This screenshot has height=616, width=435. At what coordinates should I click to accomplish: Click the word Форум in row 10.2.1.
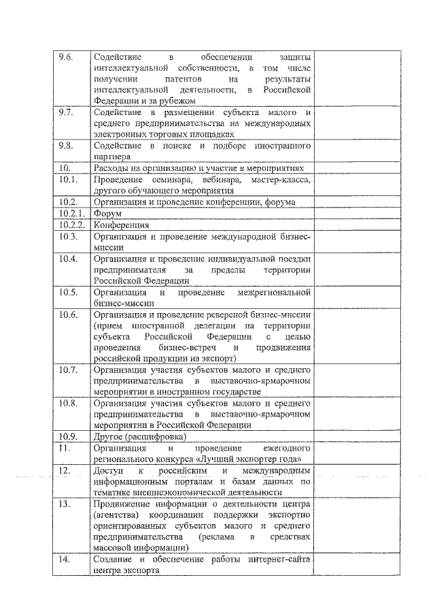point(107,213)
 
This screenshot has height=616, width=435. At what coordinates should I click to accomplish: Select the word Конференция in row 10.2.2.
point(121,225)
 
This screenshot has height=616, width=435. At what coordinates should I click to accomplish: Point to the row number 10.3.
point(67,236)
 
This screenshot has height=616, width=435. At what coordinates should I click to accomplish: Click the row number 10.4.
point(67,259)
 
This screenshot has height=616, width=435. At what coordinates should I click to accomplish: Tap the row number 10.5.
point(67,292)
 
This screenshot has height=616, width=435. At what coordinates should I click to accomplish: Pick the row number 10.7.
point(67,370)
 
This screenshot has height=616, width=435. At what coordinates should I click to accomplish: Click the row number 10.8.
point(67,403)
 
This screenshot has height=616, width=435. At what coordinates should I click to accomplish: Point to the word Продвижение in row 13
point(124,504)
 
